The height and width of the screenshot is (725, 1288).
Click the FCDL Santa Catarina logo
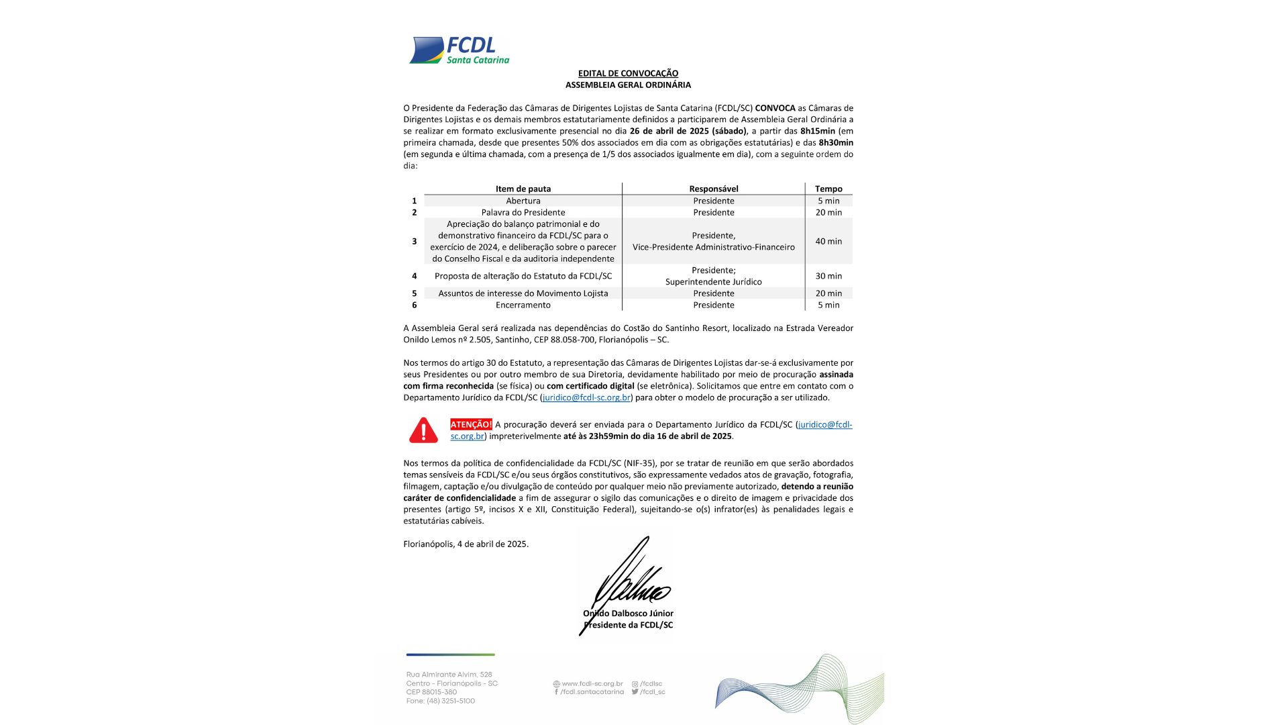460,50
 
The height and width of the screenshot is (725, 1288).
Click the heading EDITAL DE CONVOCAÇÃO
628,73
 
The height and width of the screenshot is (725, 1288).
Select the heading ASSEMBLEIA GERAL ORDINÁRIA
628,85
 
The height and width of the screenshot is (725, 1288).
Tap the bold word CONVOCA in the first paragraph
775,108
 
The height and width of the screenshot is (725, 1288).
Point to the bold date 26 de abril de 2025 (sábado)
688,131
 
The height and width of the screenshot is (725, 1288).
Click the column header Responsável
714,189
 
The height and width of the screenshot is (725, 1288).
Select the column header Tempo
828,189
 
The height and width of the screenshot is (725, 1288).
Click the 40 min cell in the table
828,242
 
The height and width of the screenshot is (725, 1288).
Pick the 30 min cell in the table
828,276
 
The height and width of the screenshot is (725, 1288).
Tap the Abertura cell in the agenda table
523,201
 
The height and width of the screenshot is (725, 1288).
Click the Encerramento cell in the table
523,305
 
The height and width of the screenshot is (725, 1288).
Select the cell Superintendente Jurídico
714,282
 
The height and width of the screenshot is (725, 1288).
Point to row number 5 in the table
414,293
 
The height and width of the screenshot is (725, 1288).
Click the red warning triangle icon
423,430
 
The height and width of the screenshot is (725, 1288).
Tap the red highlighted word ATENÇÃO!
471,424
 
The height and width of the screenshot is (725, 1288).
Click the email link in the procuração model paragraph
586,397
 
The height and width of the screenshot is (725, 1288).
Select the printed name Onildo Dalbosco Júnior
629,613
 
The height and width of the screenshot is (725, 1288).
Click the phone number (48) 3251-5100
450,701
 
